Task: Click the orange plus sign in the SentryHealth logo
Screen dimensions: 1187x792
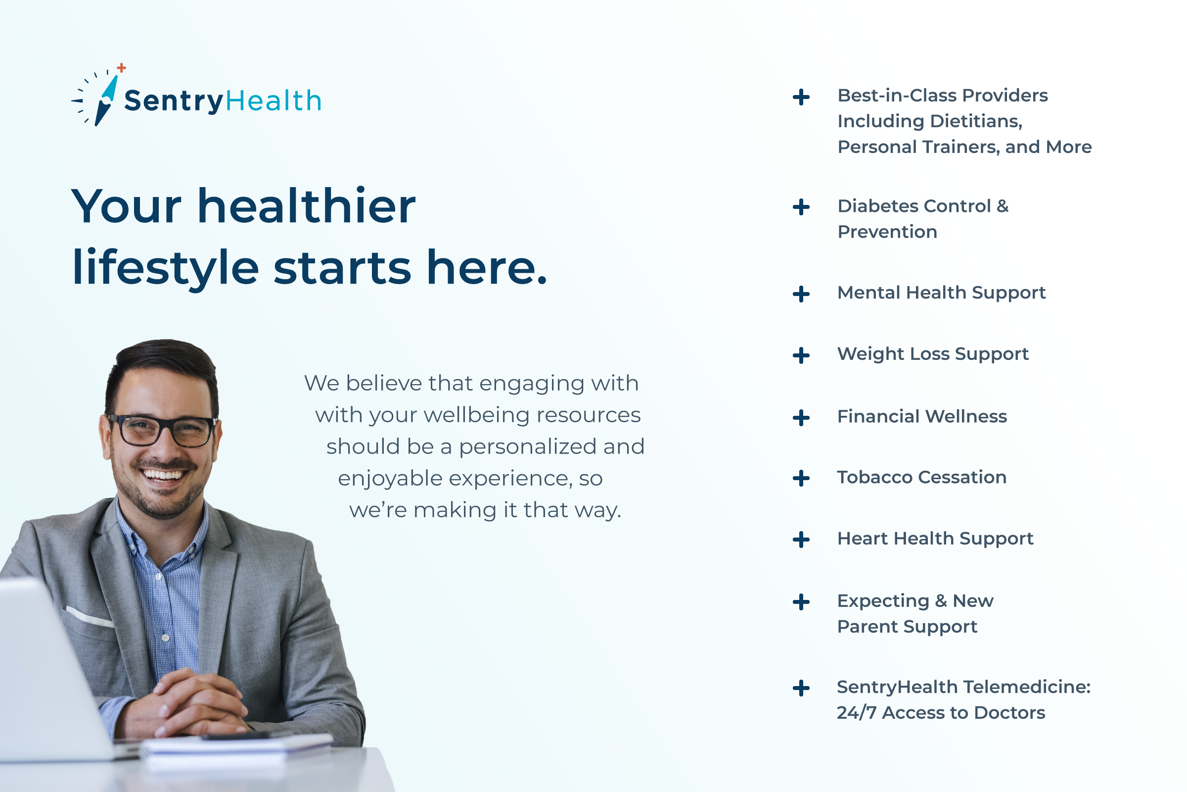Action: pyautogui.click(x=121, y=68)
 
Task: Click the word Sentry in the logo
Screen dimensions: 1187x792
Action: pyautogui.click(x=174, y=101)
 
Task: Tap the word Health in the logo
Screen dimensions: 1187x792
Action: pyautogui.click(x=274, y=100)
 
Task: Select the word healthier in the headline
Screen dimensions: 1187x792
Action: pyautogui.click(x=306, y=205)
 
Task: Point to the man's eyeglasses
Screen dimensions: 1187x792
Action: pyautogui.click(x=163, y=431)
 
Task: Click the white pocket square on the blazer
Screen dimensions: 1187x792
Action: pyautogui.click(x=90, y=617)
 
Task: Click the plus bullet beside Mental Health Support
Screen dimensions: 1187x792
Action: pyautogui.click(x=801, y=294)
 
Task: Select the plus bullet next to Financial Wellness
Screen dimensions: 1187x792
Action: pyautogui.click(x=801, y=418)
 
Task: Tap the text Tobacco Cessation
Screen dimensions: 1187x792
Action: pyautogui.click(x=921, y=477)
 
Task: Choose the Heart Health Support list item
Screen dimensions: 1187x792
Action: pyautogui.click(x=935, y=539)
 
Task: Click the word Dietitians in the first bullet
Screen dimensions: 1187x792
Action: pyautogui.click(x=975, y=121)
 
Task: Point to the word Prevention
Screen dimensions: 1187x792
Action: pyautogui.click(x=887, y=232)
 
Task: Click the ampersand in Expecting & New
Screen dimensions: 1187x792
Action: pyautogui.click(x=941, y=601)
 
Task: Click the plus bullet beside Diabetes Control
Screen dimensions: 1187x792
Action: pyautogui.click(x=801, y=207)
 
